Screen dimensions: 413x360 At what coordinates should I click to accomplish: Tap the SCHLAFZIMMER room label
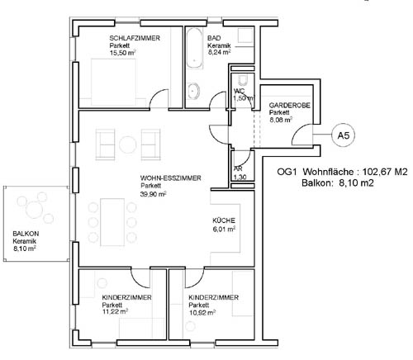[135, 38]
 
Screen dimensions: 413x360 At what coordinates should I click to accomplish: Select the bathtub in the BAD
[195, 48]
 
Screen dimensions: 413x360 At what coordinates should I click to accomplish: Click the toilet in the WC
[243, 80]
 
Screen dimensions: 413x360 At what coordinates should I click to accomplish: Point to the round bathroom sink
[194, 91]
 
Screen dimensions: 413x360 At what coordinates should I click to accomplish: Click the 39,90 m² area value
[153, 194]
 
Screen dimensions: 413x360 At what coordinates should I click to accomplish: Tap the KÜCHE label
[224, 220]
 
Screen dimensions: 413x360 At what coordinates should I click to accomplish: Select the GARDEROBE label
[289, 105]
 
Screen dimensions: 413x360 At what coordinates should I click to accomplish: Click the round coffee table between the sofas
[128, 144]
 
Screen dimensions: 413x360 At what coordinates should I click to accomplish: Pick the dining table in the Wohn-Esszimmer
[112, 222]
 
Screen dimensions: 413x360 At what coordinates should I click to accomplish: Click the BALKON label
[26, 234]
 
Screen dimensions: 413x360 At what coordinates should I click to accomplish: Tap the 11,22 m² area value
[115, 312]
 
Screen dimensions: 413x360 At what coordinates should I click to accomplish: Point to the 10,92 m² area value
[202, 313]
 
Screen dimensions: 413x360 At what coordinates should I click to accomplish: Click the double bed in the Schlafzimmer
[113, 82]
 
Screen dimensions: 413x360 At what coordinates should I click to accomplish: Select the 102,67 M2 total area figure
[385, 172]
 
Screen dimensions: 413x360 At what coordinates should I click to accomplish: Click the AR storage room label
[238, 168]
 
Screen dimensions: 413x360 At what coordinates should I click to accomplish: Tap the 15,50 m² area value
[122, 53]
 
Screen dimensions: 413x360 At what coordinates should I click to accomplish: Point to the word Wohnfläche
[328, 172]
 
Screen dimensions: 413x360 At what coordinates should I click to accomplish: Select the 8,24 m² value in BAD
[219, 53]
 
